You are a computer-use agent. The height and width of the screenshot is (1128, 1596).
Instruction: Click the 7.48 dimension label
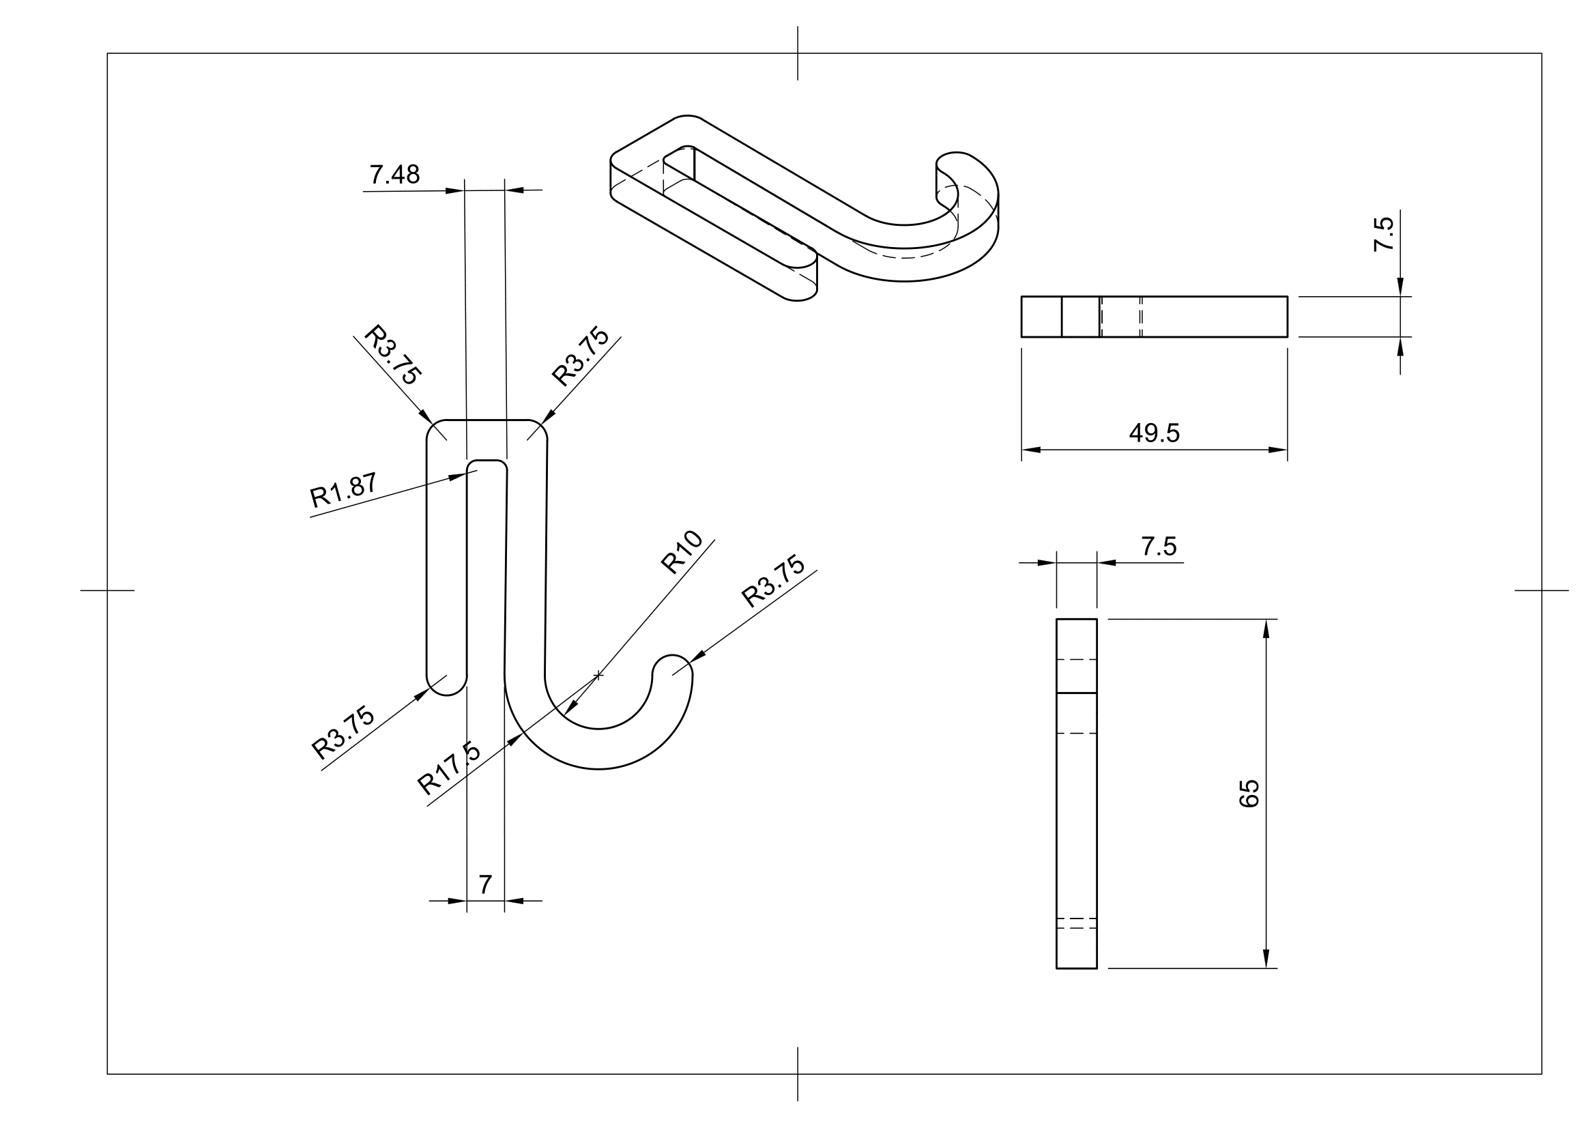point(394,175)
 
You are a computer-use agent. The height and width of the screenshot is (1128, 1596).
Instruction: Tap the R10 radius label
point(681,552)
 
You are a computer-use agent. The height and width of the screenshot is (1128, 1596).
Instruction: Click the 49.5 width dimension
point(1154,434)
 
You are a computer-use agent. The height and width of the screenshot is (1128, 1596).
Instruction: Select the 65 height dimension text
point(1249,793)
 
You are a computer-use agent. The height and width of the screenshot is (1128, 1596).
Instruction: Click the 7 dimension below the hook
point(485,885)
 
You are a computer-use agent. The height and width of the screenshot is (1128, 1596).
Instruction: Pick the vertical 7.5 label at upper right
point(1383,234)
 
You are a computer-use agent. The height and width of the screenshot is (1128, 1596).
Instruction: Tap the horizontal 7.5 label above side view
point(1158,547)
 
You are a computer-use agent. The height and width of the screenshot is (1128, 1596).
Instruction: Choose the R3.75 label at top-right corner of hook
point(581,356)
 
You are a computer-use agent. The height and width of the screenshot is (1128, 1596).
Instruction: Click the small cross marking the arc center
point(598,675)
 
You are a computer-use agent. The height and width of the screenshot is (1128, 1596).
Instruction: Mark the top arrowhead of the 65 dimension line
point(1266,628)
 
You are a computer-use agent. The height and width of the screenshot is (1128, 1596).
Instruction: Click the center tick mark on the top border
point(797,53)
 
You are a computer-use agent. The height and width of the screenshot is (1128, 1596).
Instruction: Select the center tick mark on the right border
point(1541,591)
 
